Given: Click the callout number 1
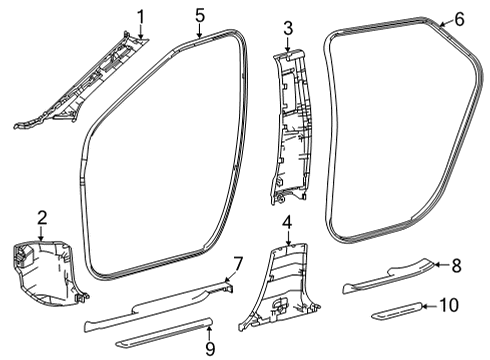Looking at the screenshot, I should [141, 15].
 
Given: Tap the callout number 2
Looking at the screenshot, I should [42, 217].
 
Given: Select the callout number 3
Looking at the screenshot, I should [287, 28].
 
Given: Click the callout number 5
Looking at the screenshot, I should [200, 15].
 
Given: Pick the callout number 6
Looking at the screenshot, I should [459, 19].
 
